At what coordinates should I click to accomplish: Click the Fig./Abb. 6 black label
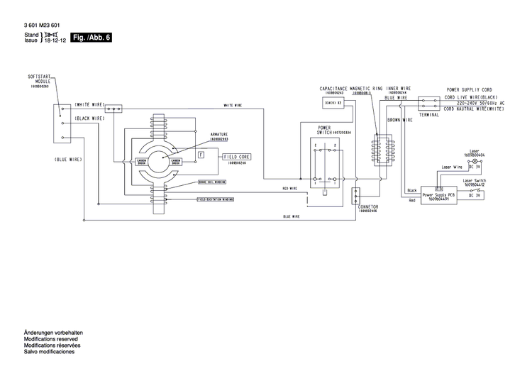pos(92,37)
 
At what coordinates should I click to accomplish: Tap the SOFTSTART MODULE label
pos(39,79)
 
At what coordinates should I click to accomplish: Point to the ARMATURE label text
pos(219,133)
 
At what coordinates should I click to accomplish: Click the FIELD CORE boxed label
pos(237,155)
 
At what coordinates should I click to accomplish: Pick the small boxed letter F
pos(201,154)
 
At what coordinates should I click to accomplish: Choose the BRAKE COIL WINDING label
pos(213,182)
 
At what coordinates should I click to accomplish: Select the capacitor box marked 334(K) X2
pos(333,103)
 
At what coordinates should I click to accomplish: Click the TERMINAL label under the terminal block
pos(429,114)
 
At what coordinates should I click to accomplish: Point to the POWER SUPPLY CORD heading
pos(468,90)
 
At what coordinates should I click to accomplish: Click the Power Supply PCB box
pos(440,195)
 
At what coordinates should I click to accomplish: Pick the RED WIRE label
pos(289,189)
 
